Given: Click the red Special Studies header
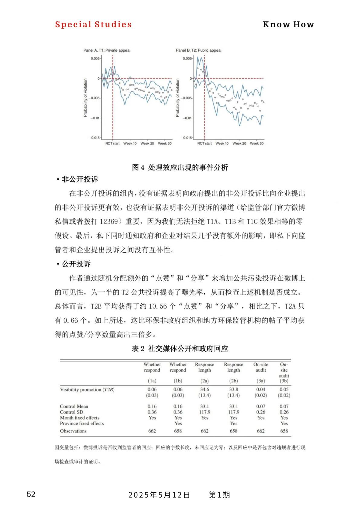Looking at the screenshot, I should [x=93, y=24].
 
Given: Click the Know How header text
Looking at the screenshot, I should [x=288, y=24].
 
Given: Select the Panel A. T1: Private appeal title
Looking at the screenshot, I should [x=107, y=50].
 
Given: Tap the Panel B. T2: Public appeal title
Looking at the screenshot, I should [x=199, y=50].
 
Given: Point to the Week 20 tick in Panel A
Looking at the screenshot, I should [x=147, y=143].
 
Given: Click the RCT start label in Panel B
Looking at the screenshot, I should [x=205, y=143].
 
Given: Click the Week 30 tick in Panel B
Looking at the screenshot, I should [x=257, y=143].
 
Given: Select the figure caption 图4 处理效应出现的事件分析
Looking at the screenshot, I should [x=180, y=167].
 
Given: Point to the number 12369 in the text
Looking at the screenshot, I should [x=109, y=221].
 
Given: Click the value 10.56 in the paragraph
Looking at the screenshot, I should [x=158, y=306].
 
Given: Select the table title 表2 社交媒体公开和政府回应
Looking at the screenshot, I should [x=180, y=349].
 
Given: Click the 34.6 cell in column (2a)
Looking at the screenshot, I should [x=205, y=389].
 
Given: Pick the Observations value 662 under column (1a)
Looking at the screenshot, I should [x=152, y=431].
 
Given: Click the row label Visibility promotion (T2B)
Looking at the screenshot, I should [x=87, y=390].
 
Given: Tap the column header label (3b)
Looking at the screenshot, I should [x=284, y=381].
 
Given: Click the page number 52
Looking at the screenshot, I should [x=31, y=495].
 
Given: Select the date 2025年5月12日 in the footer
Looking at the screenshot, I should [x=159, y=495].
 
